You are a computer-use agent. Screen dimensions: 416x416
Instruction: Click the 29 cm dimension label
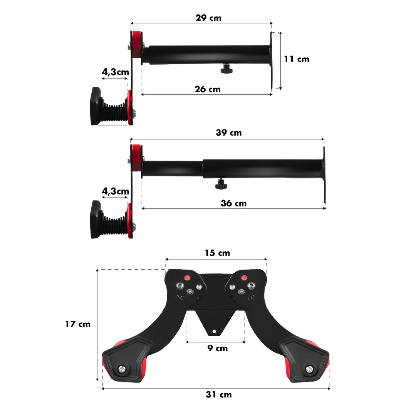click(x=209, y=18)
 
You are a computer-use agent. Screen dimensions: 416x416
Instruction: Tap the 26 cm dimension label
click(x=208, y=89)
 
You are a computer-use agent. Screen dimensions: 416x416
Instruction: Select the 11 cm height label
click(x=297, y=59)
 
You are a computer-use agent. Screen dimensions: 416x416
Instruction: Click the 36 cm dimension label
click(x=233, y=203)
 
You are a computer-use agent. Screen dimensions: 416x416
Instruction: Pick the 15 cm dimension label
click(x=217, y=253)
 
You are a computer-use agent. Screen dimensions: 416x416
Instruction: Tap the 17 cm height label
click(x=77, y=324)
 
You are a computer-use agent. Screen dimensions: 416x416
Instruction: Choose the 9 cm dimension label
click(x=217, y=348)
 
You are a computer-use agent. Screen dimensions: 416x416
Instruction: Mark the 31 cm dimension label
click(x=218, y=394)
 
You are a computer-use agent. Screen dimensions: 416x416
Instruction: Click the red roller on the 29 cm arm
click(x=136, y=44)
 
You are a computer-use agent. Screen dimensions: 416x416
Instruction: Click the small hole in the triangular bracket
click(x=215, y=331)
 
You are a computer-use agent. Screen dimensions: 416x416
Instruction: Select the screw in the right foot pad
click(x=309, y=369)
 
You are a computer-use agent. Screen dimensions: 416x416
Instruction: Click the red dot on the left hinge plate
click(x=187, y=277)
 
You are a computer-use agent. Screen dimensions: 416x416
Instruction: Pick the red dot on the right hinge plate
click(x=244, y=277)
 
